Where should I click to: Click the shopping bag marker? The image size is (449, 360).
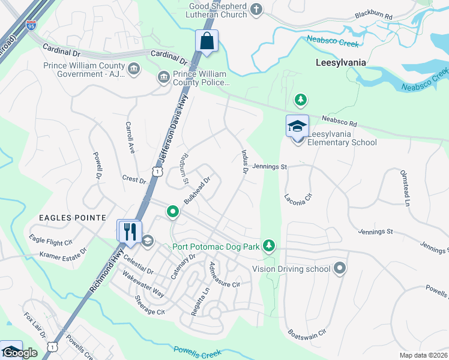pos(206,42)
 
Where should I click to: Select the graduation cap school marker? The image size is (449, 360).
pos(297,127)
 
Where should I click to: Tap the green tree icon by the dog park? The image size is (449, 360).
pos(270,245)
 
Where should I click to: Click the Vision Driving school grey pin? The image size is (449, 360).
pos(340,268)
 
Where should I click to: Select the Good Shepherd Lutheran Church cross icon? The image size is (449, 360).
pos(256,9)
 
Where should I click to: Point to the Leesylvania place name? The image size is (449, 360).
pos(342,62)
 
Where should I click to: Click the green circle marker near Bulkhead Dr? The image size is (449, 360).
pos(173,211)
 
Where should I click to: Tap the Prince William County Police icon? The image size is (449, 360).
pos(163,77)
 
